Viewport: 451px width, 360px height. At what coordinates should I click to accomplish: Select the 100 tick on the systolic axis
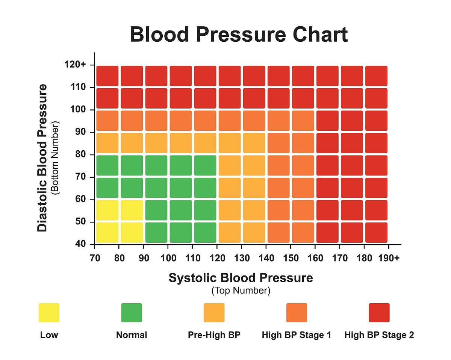coord(168,259)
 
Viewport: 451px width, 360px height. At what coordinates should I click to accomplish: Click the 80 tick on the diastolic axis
coord(81,154)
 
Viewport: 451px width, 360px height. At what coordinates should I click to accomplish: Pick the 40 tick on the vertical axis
coord(81,244)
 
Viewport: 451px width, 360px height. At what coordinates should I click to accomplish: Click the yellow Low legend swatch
coord(49,313)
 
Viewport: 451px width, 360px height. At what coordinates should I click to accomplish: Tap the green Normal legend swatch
coord(132,313)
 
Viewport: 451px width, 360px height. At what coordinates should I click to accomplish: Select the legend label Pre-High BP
coord(214,335)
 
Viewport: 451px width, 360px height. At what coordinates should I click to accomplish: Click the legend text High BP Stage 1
coord(296,335)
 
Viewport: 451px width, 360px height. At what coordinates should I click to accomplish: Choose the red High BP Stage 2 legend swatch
coord(379,313)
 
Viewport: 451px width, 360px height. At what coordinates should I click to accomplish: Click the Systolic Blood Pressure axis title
coord(241,278)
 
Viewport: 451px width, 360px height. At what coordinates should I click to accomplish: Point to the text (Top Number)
coord(241,290)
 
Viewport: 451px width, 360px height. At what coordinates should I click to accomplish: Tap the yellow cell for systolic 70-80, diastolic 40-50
coord(107,233)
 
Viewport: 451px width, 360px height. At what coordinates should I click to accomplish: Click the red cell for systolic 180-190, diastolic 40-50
coord(376,233)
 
